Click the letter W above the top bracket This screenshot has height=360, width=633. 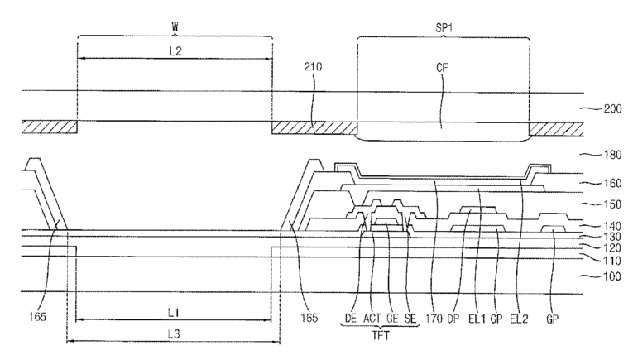pyautogui.click(x=175, y=26)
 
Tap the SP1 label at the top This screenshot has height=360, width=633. pyautogui.click(x=444, y=27)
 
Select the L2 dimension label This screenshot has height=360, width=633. pyautogui.click(x=175, y=50)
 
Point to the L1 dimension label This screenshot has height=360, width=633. pyautogui.click(x=173, y=312)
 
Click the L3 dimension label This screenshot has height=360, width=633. pyautogui.click(x=174, y=334)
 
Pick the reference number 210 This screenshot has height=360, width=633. pyautogui.click(x=313, y=66)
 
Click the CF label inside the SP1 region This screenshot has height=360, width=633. pyautogui.click(x=442, y=67)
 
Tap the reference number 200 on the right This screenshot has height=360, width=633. pyautogui.click(x=612, y=109)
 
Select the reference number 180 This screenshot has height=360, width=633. pyautogui.click(x=612, y=155)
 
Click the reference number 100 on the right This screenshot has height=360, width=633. pyautogui.click(x=612, y=276)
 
